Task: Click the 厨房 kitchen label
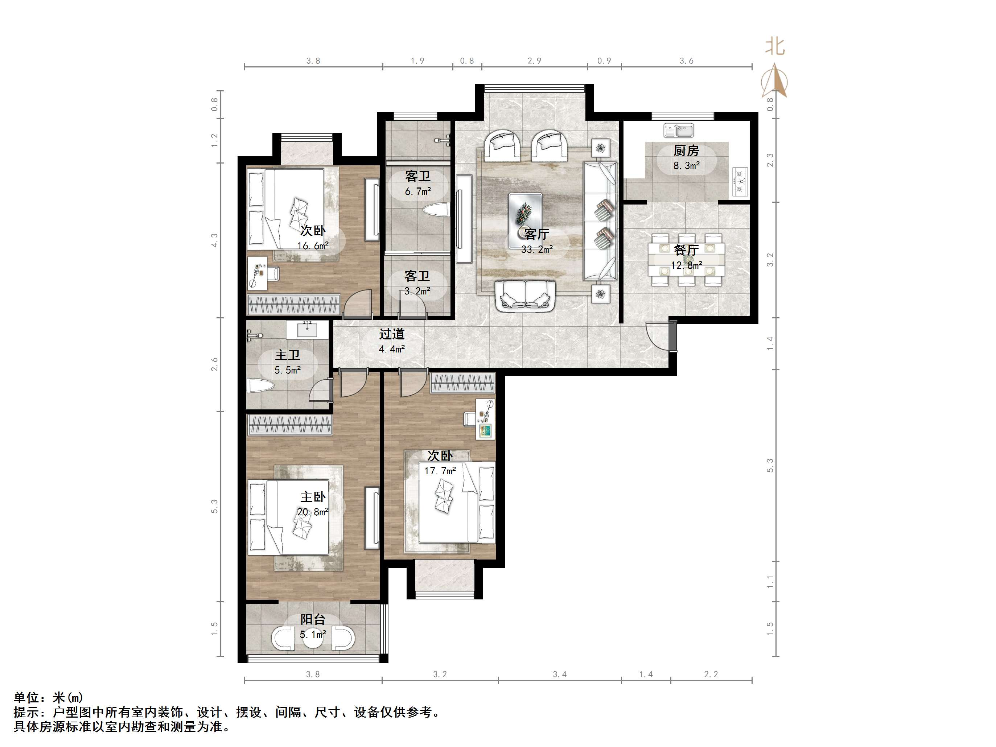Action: pos(686,150)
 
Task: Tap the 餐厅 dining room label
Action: pos(686,250)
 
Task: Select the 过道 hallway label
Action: pos(391,334)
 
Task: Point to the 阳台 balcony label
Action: pos(313,620)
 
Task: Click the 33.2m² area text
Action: pos(537,249)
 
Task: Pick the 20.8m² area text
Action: pos(313,512)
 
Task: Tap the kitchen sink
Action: pos(679,131)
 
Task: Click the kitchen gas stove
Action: pos(740,182)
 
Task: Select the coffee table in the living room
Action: pos(525,220)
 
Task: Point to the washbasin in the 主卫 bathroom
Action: pos(308,329)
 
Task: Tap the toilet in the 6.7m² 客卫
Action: pos(436,210)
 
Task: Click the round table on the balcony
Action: pos(313,638)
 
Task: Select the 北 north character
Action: pos(775,46)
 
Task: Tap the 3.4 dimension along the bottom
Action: pos(560,674)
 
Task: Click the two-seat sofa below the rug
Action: pos(524,296)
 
